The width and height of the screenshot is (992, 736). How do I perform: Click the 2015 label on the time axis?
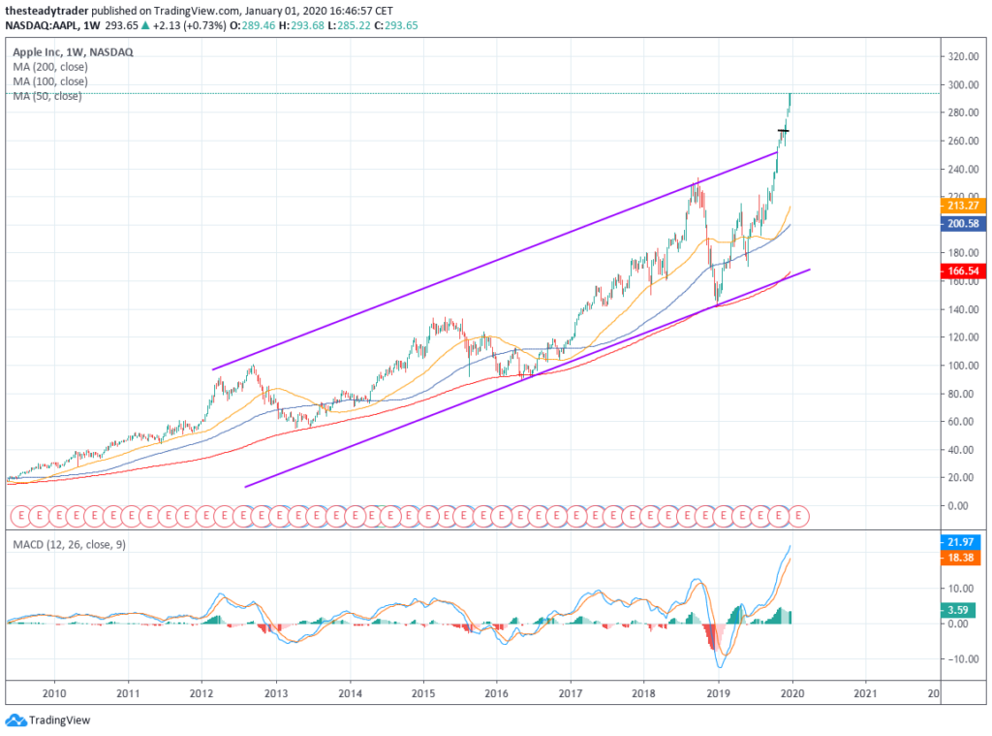click(x=422, y=693)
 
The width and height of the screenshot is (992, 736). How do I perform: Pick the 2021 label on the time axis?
click(x=866, y=693)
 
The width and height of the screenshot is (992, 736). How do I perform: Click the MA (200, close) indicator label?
click(x=50, y=67)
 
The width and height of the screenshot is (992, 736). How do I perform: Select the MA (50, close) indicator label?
click(x=47, y=96)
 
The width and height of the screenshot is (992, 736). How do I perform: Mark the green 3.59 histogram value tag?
click(x=961, y=610)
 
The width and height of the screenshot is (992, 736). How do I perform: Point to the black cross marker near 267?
click(x=784, y=130)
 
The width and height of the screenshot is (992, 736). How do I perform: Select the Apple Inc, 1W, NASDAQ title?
click(x=73, y=51)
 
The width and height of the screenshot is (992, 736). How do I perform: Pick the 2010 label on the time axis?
click(x=54, y=693)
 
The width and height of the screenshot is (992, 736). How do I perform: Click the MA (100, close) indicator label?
click(x=50, y=81)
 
